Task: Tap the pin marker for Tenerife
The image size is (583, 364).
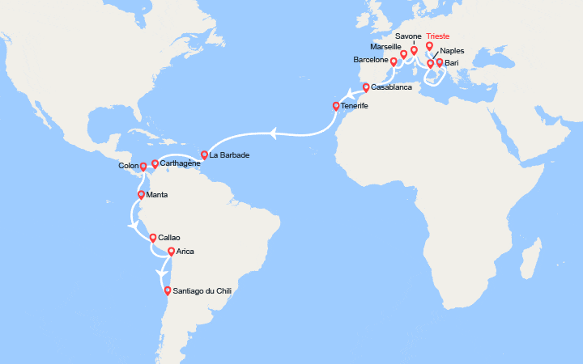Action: pos(337,106)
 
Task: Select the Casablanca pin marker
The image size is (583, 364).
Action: pos(366,87)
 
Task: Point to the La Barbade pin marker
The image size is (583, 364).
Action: pos(204,154)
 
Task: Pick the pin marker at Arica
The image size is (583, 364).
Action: pos(171,252)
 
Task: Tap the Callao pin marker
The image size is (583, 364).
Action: pos(152,238)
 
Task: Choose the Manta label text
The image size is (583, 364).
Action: pos(159,195)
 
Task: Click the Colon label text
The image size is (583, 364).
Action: pos(130,167)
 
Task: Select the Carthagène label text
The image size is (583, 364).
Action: pos(181,163)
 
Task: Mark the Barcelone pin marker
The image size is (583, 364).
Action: pos(394,61)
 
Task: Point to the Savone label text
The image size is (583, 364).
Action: pos(409,36)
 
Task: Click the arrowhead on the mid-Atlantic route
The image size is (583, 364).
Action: pos(274,132)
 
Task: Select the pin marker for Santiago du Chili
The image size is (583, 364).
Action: pos(168,291)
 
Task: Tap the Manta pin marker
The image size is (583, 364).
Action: pos(142,195)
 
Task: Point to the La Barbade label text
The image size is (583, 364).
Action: pos(229,154)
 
